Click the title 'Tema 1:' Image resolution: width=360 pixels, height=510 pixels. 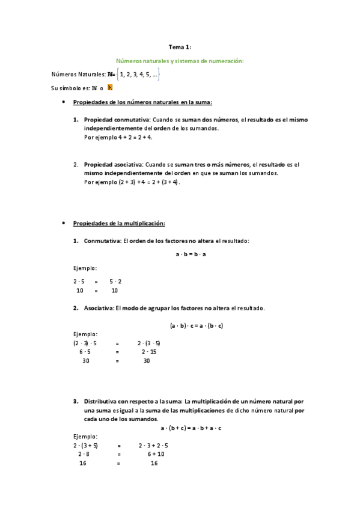tap(180, 46)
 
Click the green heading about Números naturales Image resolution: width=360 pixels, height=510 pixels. tap(180, 61)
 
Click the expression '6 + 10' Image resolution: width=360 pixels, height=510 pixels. tap(156, 454)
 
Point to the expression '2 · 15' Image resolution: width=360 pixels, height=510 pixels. tap(149, 352)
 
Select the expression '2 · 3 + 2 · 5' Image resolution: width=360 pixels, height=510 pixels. tap(153, 446)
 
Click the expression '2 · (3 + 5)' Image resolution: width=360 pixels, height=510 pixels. tap(86, 446)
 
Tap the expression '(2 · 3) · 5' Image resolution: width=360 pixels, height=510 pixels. tap(85, 343)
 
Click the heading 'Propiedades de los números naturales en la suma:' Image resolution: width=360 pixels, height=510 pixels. tap(142, 102)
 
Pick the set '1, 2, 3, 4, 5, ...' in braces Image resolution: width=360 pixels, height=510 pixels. tap(138, 75)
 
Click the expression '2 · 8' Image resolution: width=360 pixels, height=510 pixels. tap(84, 454)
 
